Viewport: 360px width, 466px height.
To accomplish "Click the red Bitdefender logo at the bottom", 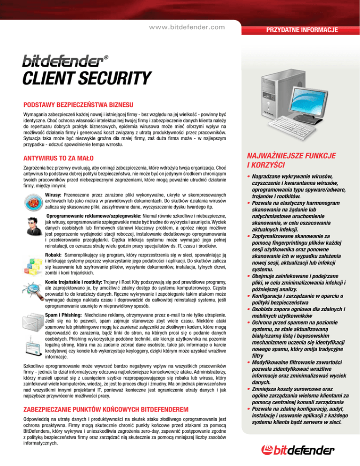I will point(304,451).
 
